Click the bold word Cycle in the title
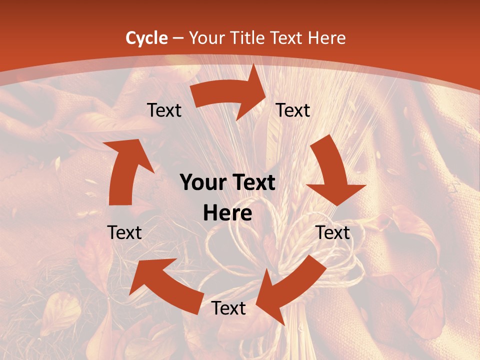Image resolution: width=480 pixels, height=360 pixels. pos(146,38)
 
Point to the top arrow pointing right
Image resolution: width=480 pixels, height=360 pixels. pos(230,93)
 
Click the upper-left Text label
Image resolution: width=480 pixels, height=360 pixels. pos(164,110)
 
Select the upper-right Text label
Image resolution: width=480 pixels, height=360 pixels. pos(293,110)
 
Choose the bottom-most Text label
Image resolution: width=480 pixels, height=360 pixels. pos(228,308)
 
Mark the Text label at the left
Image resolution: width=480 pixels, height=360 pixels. pos(124,232)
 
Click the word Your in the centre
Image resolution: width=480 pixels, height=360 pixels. pos(201,183)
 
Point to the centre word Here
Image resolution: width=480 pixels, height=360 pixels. pos(227,213)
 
